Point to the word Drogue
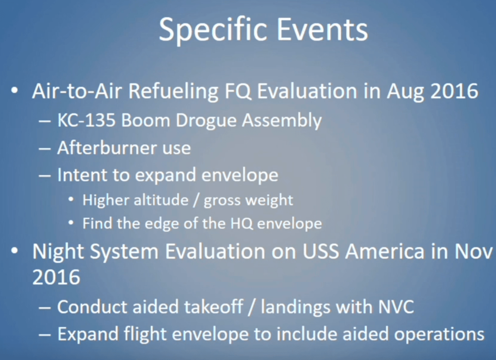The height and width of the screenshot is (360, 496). coord(206,122)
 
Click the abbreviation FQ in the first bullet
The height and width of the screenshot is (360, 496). coord(238,91)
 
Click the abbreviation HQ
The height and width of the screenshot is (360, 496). coord(242,223)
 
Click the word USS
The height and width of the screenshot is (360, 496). coord(321,252)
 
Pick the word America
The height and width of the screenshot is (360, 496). coord(385,252)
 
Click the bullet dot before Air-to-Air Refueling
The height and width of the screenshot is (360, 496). coord(14,91)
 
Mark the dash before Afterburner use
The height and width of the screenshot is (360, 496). coord(45,148)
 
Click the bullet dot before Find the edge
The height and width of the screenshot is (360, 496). coord(71,223)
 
